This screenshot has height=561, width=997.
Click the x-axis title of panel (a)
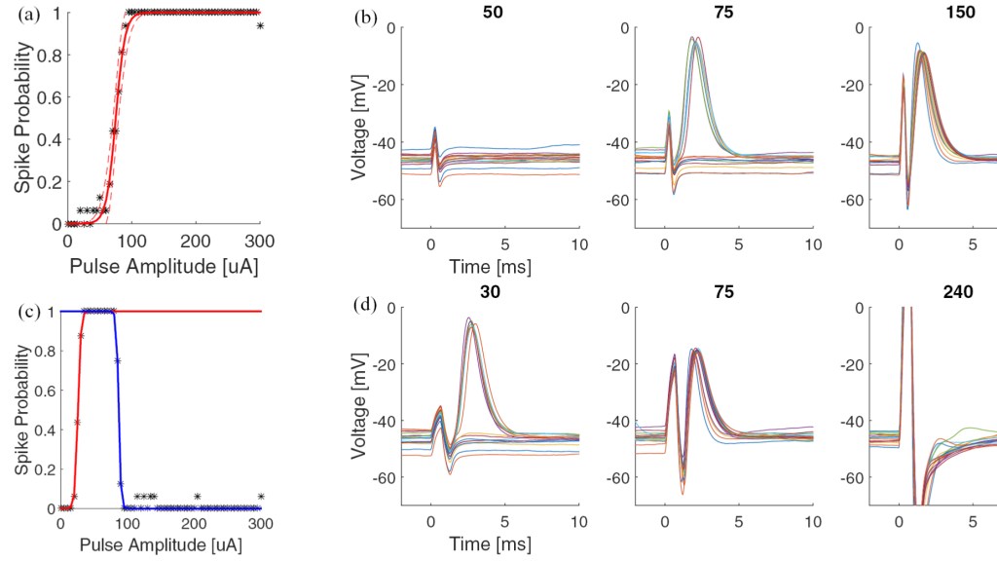(x=164, y=263)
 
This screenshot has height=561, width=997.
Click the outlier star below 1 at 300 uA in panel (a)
(x=260, y=25)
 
